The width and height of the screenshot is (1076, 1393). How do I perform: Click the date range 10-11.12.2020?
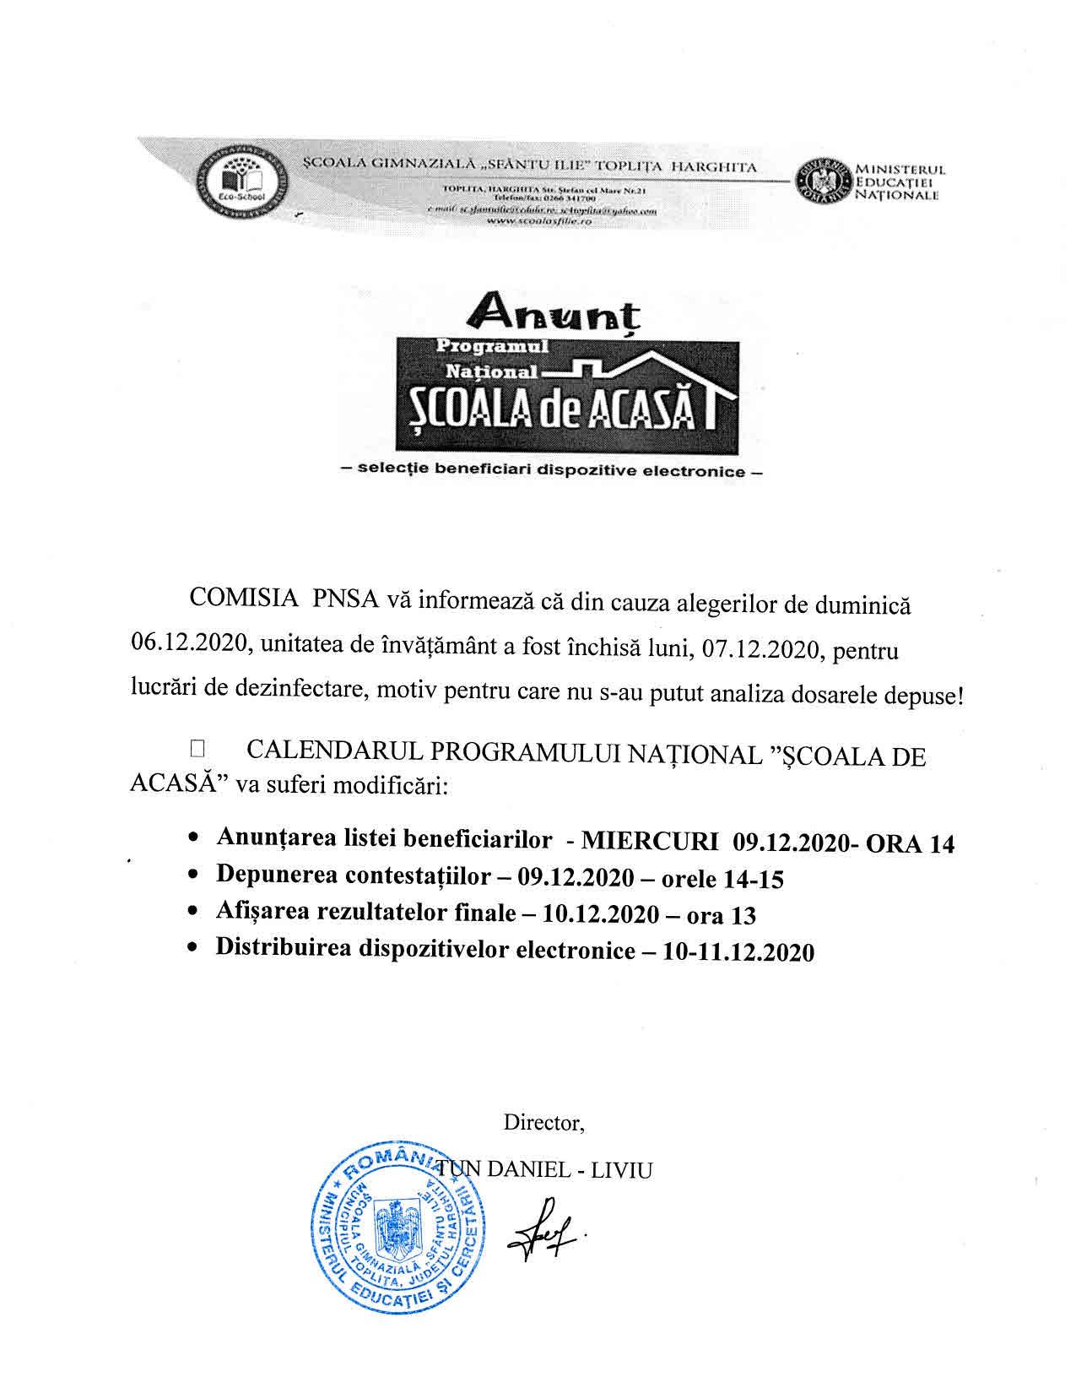tap(739, 952)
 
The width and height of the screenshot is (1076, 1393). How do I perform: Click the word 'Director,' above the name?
tap(544, 1123)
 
